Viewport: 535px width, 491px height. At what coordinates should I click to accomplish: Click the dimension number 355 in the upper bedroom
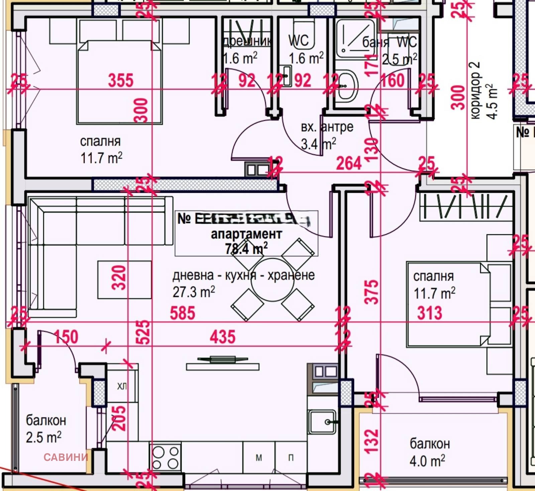pyautogui.click(x=120, y=80)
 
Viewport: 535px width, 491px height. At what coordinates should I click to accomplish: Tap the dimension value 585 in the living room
pyautogui.click(x=182, y=313)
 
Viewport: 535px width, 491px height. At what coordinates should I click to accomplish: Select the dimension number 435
pyautogui.click(x=222, y=337)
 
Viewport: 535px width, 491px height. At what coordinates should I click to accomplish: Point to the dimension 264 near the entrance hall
pyautogui.click(x=349, y=163)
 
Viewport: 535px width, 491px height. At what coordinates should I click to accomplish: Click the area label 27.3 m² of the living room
pyautogui.click(x=194, y=292)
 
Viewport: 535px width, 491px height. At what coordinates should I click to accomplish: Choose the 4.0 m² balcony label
pyautogui.click(x=427, y=461)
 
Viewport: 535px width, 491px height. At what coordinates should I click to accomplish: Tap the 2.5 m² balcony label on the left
pyautogui.click(x=44, y=437)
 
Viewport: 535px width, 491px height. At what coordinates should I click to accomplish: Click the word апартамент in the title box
pyautogui.click(x=246, y=234)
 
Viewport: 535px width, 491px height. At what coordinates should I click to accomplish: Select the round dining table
pyautogui.click(x=272, y=280)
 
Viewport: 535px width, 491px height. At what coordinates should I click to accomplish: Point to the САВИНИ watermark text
pyautogui.click(x=66, y=457)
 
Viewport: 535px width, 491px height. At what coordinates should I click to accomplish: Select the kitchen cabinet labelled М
pyautogui.click(x=259, y=457)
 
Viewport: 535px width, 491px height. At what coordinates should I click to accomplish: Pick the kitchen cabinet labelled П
pyautogui.click(x=291, y=457)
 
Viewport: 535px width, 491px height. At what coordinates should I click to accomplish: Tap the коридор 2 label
pyautogui.click(x=475, y=90)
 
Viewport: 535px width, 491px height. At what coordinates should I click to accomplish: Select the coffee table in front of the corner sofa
pyautogui.click(x=124, y=280)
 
